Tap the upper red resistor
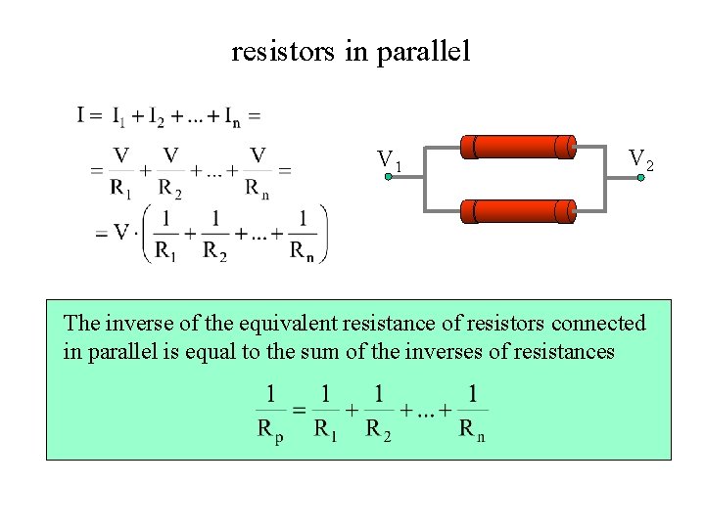[x=519, y=147]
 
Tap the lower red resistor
[x=519, y=210]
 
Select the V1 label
[x=390, y=159]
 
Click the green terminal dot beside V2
[x=640, y=178]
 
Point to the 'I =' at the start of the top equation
[x=90, y=116]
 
